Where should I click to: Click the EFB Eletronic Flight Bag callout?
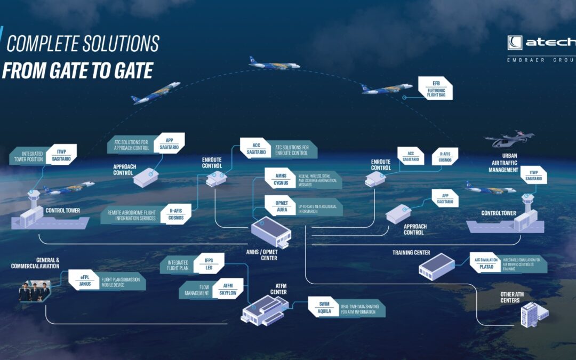point(435,88)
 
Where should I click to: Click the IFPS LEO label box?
point(209,262)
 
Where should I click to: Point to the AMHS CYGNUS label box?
point(281,179)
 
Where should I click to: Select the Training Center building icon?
point(436,266)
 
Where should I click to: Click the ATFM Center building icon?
point(263,309)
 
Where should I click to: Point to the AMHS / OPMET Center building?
point(271,233)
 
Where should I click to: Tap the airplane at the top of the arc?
point(274,63)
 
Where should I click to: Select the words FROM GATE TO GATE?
point(77,70)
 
